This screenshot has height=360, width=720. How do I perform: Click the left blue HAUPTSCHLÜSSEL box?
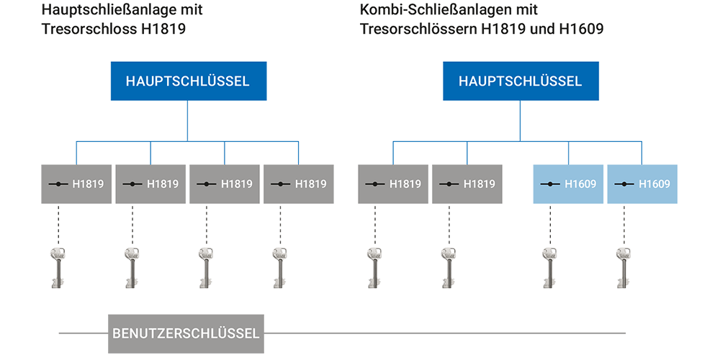[187, 81]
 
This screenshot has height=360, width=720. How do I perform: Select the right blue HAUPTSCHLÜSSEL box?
[520, 81]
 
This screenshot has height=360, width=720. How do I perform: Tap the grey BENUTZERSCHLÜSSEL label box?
[185, 333]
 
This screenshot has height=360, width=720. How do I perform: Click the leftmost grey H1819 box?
[76, 184]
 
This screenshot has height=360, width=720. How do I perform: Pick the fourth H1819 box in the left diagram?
[298, 184]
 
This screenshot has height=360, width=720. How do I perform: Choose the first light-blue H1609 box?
[568, 184]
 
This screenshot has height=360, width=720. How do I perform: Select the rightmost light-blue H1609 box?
[642, 184]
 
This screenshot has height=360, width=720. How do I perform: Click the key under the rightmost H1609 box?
[623, 267]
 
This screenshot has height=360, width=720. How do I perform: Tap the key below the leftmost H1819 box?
[58, 267]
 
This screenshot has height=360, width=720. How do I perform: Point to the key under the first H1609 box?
[549, 267]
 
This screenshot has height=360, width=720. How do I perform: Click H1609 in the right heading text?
[580, 30]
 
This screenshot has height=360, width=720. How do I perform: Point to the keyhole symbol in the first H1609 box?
[550, 184]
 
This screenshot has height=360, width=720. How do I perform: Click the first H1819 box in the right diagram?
[393, 184]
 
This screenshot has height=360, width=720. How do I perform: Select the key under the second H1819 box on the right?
[448, 267]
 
